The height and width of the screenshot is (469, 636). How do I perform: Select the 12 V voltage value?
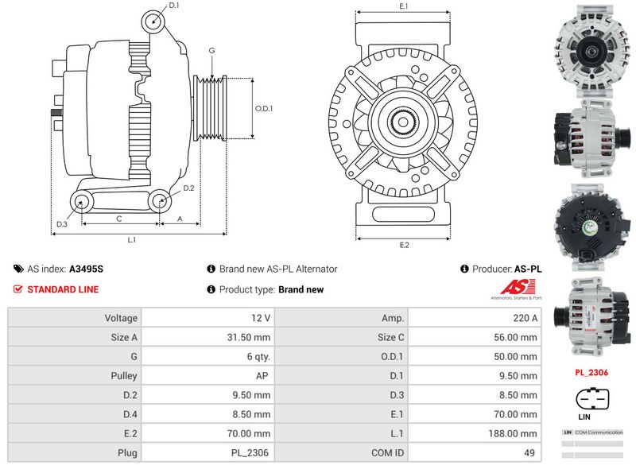click(x=261, y=318)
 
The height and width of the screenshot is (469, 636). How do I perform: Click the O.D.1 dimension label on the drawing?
click(x=263, y=109)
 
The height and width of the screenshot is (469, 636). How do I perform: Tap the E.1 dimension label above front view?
click(x=404, y=6)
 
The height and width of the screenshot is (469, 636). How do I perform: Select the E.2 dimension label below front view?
click(x=404, y=245)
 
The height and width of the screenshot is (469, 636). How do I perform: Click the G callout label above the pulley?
click(x=211, y=50)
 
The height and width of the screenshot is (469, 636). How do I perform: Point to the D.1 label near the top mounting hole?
click(x=174, y=6)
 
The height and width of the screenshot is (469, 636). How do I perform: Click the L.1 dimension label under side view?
click(x=132, y=239)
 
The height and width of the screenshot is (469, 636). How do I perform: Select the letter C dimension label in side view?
click(x=118, y=218)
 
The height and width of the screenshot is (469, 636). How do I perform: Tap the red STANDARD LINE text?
click(x=63, y=289)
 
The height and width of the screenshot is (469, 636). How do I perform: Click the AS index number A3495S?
click(x=86, y=269)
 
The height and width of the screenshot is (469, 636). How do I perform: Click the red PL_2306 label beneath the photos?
click(x=591, y=371)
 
